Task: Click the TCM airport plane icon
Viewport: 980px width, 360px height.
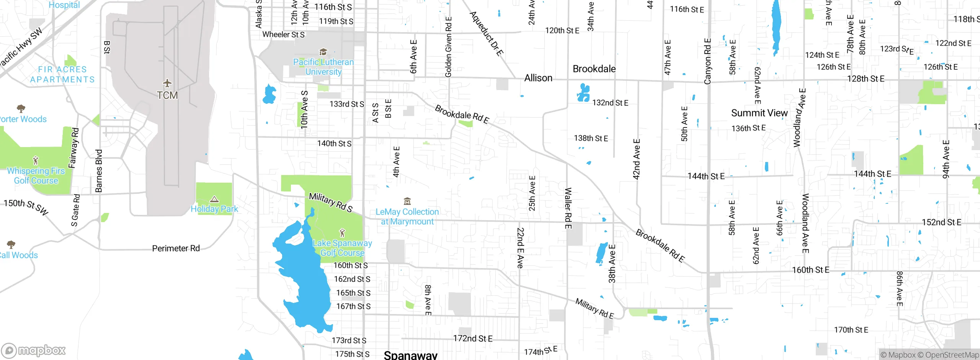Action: (167, 83)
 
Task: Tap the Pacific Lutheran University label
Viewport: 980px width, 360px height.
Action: (323, 67)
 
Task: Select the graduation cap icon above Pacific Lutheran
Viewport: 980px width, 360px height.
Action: (323, 52)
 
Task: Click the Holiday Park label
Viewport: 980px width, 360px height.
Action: (214, 209)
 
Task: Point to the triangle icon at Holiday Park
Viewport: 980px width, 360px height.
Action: (214, 199)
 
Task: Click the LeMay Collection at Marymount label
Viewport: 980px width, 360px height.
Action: (407, 217)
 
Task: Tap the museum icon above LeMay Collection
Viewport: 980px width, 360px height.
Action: (407, 201)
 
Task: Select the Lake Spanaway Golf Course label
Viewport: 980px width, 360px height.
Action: (342, 248)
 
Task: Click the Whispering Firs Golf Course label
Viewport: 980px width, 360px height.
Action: (36, 176)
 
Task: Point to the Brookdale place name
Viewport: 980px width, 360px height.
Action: (594, 69)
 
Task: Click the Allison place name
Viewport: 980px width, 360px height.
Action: (538, 78)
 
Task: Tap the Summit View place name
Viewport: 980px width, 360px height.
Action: (759, 113)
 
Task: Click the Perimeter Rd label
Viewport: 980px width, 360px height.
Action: (176, 249)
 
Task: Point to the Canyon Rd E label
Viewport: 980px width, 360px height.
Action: (707, 61)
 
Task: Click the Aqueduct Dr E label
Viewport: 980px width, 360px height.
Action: (486, 34)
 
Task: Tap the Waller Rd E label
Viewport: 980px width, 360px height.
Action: (568, 208)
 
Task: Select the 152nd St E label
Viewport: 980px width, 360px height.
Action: (941, 222)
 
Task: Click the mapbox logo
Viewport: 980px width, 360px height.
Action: (34, 350)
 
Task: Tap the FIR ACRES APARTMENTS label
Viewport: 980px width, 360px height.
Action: (62, 74)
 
